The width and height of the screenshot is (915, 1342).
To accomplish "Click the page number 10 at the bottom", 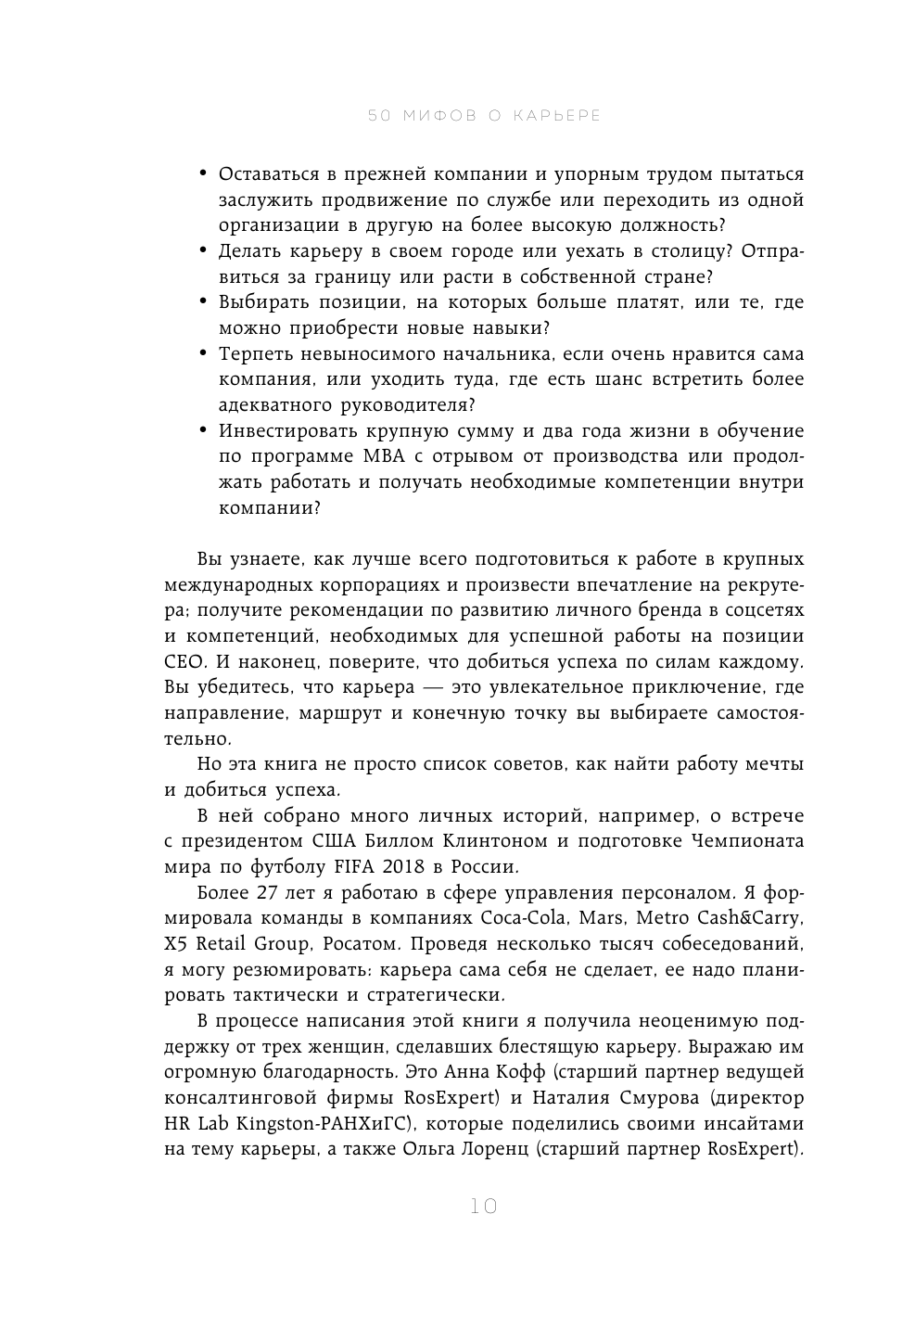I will tap(483, 1207).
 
